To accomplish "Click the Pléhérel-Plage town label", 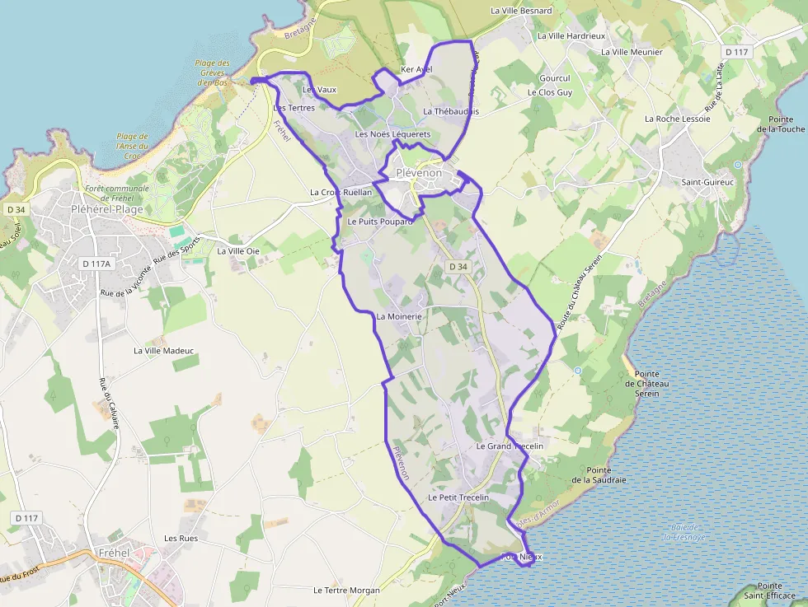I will point(107,209).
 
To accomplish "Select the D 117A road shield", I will point(96,264).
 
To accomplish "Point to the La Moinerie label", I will point(400,316).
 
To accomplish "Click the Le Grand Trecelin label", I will point(510,446).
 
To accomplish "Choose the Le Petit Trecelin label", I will point(458,498).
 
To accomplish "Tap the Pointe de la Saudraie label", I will point(599,474).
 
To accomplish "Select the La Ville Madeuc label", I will point(163,350).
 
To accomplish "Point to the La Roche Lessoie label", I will point(678,119).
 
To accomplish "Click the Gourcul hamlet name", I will point(555,79).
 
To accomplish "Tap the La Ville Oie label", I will point(238,251).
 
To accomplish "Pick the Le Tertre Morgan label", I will point(346,591).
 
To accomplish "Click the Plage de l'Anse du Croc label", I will point(133,146).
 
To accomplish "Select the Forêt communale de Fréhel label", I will point(117,194).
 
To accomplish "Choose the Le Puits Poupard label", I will point(380,222).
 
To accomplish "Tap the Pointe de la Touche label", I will point(781,124).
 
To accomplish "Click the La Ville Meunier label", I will point(632,52).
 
